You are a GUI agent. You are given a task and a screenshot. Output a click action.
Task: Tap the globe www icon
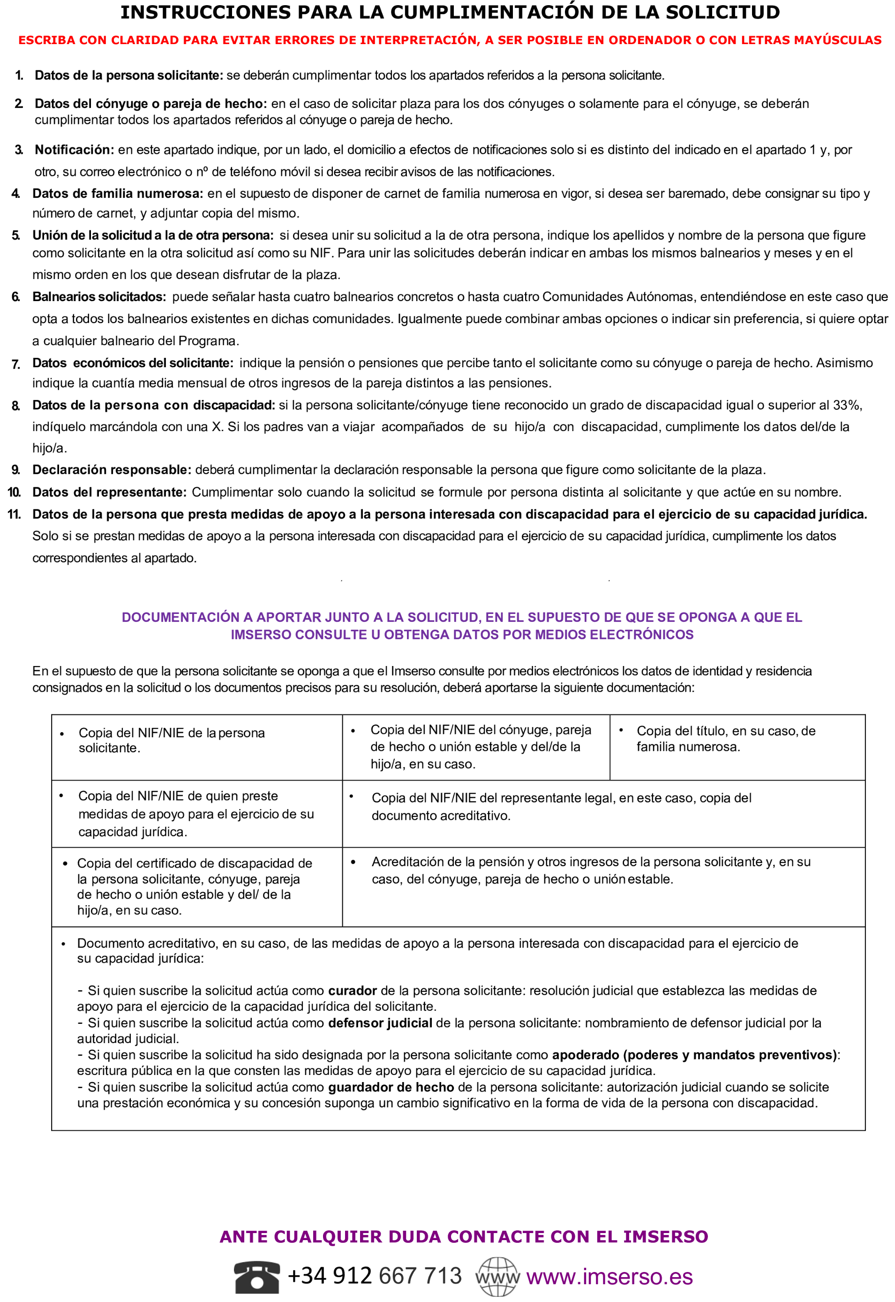click(497, 1276)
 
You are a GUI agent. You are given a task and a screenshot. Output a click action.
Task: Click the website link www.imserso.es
click(609, 1277)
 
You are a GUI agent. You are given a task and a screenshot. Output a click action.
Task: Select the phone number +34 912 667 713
click(374, 1276)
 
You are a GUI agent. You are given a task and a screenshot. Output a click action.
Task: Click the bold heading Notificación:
click(75, 150)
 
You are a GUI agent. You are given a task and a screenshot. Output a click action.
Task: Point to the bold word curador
click(352, 991)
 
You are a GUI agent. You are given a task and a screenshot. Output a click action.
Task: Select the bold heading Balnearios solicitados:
click(99, 297)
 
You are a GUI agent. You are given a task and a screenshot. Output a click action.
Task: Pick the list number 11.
click(14, 515)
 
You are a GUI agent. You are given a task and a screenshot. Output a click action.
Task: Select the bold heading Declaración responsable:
click(112, 470)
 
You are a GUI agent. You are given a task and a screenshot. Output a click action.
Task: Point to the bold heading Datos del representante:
click(109, 492)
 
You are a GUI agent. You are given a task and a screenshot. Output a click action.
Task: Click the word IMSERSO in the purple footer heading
click(665, 1236)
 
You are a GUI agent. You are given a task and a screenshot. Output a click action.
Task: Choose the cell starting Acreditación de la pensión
click(591, 871)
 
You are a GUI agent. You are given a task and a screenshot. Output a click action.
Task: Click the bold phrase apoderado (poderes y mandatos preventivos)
click(694, 1055)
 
